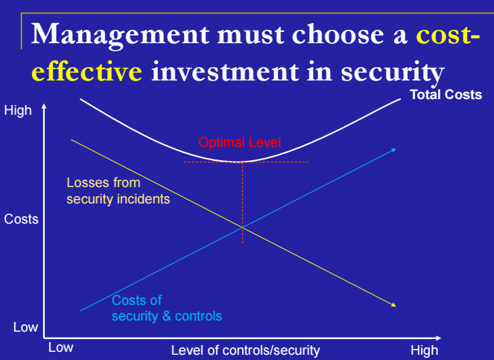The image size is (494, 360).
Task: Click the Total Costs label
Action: point(446,95)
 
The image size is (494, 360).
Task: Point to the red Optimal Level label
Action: point(240,142)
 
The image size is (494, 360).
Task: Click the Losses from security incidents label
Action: point(118,190)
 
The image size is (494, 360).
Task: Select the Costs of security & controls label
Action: point(166,308)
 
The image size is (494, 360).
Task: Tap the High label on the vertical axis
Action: point(19,111)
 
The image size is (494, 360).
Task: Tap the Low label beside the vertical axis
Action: point(25,327)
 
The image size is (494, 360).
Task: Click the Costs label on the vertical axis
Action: point(21,220)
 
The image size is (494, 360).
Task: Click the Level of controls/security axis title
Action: point(245,350)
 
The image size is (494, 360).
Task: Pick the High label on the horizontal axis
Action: point(424,350)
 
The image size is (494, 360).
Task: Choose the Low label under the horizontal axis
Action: point(61,347)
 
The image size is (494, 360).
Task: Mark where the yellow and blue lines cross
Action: point(242,227)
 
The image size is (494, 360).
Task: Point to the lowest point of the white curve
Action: point(242,162)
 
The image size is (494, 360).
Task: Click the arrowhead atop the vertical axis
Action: point(45,108)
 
